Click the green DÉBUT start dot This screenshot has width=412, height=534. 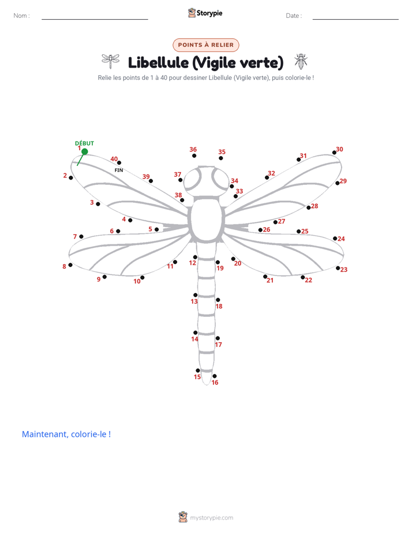tap(85, 151)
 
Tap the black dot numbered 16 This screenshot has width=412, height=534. tap(215, 376)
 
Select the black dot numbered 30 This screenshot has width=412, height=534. tap(334, 153)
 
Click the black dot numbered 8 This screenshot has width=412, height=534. tap(70, 265)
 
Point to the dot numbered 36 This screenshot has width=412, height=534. tap(194, 155)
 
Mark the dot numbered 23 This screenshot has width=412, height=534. tap(338, 268)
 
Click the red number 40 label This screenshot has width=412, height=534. tap(114, 159)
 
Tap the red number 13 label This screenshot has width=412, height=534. tap(194, 302)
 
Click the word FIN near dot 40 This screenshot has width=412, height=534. tap(119, 170)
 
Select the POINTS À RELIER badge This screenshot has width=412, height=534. tap(205, 45)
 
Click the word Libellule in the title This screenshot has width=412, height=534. tap(158, 62)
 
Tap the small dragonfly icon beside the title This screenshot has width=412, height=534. tap(110, 61)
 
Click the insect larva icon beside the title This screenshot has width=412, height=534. tap(301, 61)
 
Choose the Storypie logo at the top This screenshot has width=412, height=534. tap(205, 13)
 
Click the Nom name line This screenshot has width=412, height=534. tap(95, 19)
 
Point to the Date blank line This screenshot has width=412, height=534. tap(355, 19)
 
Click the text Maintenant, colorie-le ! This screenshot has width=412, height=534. tap(66, 434)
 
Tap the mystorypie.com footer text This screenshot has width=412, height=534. tap(211, 518)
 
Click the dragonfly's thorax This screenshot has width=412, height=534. tap(207, 218)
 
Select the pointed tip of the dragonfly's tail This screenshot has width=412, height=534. tap(207, 384)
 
